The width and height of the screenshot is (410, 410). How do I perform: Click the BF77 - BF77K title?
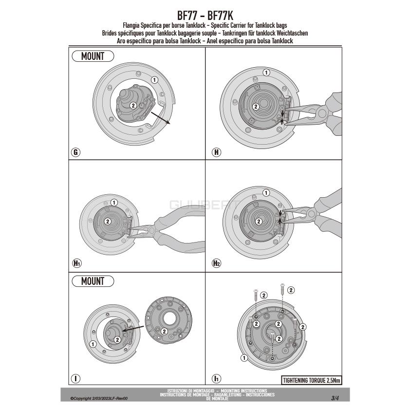[x=205, y=16]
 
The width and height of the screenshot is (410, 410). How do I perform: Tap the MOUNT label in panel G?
[x=93, y=56]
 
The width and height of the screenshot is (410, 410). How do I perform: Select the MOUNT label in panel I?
[x=93, y=281]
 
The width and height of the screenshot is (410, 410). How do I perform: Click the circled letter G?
[x=76, y=152]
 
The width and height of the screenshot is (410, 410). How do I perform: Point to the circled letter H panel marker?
[x=217, y=152]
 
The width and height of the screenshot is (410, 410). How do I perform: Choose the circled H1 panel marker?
[x=77, y=263]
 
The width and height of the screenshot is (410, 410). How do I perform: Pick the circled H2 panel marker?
[x=217, y=263]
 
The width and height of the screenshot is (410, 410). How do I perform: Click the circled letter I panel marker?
[x=76, y=378]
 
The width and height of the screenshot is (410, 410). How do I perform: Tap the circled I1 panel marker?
[x=217, y=378]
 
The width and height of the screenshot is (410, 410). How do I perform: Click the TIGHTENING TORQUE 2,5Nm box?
[x=312, y=380]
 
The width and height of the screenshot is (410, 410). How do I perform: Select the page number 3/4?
[x=335, y=398]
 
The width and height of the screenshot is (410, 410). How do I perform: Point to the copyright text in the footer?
[x=99, y=398]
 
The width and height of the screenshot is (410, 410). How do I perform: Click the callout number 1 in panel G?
[x=154, y=80]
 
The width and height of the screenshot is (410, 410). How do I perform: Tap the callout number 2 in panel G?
[x=133, y=105]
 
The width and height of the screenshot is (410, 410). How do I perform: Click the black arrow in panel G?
[x=161, y=118]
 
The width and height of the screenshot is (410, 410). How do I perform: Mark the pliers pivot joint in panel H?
[x=322, y=113]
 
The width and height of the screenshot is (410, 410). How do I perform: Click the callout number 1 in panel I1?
[x=244, y=358]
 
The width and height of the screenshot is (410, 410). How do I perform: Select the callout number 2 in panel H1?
[x=108, y=222]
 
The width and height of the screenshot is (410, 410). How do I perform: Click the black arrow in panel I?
[x=133, y=328]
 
